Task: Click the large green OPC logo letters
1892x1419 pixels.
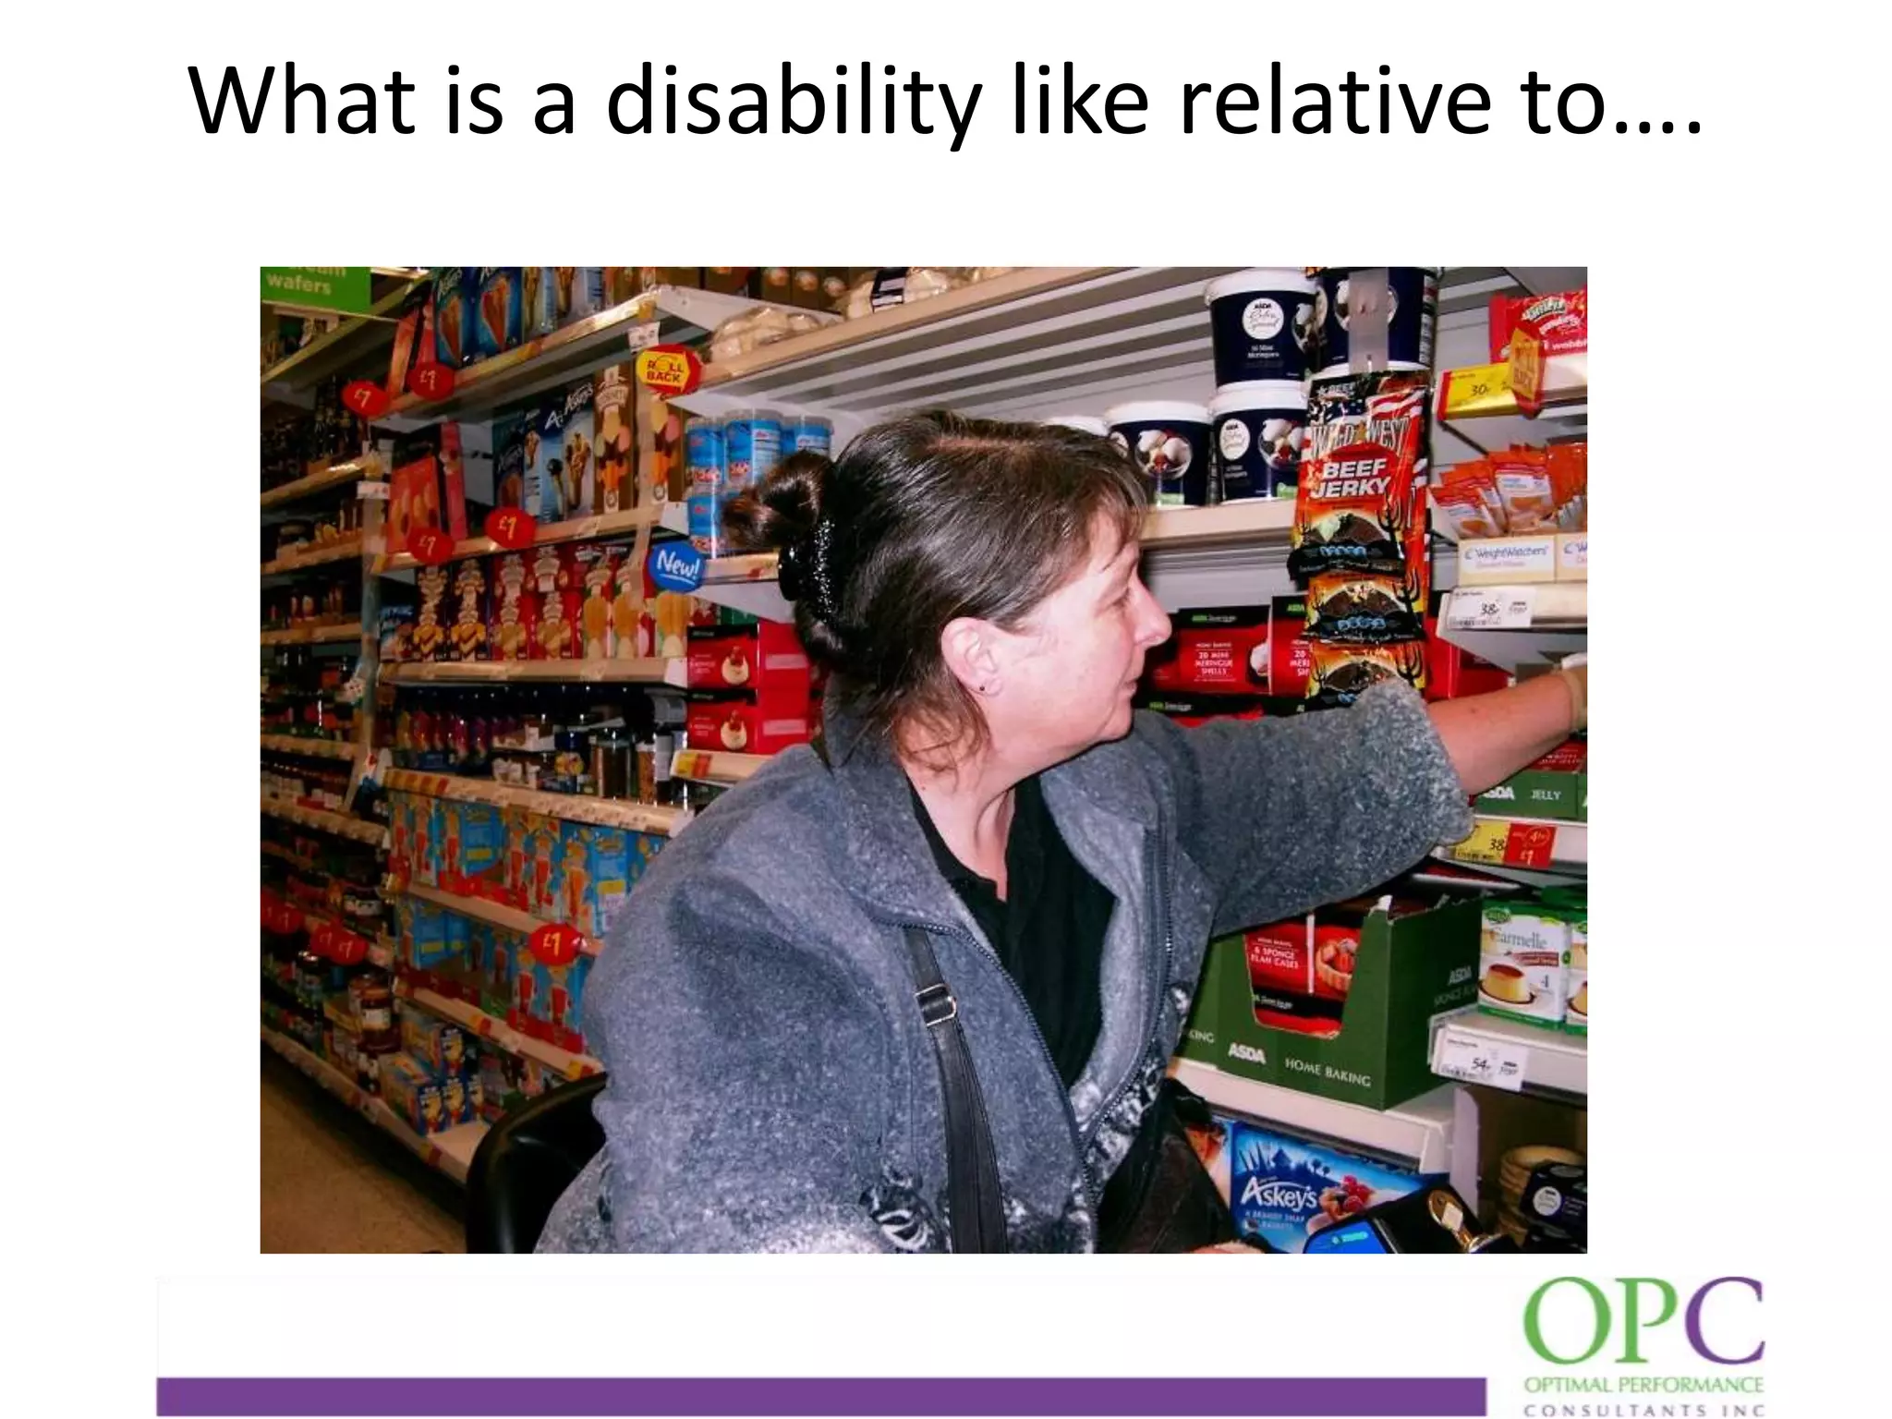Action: click(x=1643, y=1322)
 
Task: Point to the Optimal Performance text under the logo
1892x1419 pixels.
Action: click(x=1643, y=1385)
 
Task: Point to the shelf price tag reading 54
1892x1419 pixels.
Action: click(x=1482, y=1065)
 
